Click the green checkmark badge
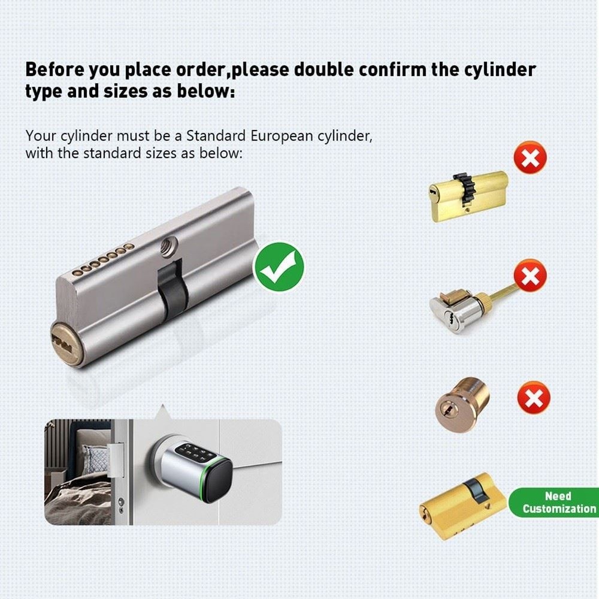click(279, 267)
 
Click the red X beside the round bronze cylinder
click(534, 397)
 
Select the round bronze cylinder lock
click(461, 405)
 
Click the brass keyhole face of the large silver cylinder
click(65, 343)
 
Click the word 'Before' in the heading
click(55, 69)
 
